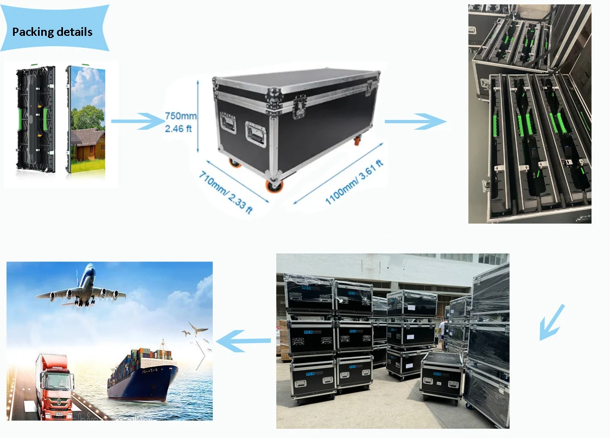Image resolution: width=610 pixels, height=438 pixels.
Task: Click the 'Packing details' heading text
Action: point(52,32)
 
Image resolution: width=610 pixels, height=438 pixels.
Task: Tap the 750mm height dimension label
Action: point(180,116)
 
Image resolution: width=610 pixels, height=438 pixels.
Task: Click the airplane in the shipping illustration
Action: point(81,288)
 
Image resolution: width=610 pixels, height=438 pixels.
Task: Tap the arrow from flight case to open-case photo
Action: point(415,122)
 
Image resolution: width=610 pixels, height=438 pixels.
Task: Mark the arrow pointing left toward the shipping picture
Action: point(244,341)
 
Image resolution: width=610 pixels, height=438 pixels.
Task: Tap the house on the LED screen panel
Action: point(87,144)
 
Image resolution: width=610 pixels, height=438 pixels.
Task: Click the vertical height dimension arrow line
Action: point(198,114)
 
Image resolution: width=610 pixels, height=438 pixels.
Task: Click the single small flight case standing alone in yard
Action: point(441,375)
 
